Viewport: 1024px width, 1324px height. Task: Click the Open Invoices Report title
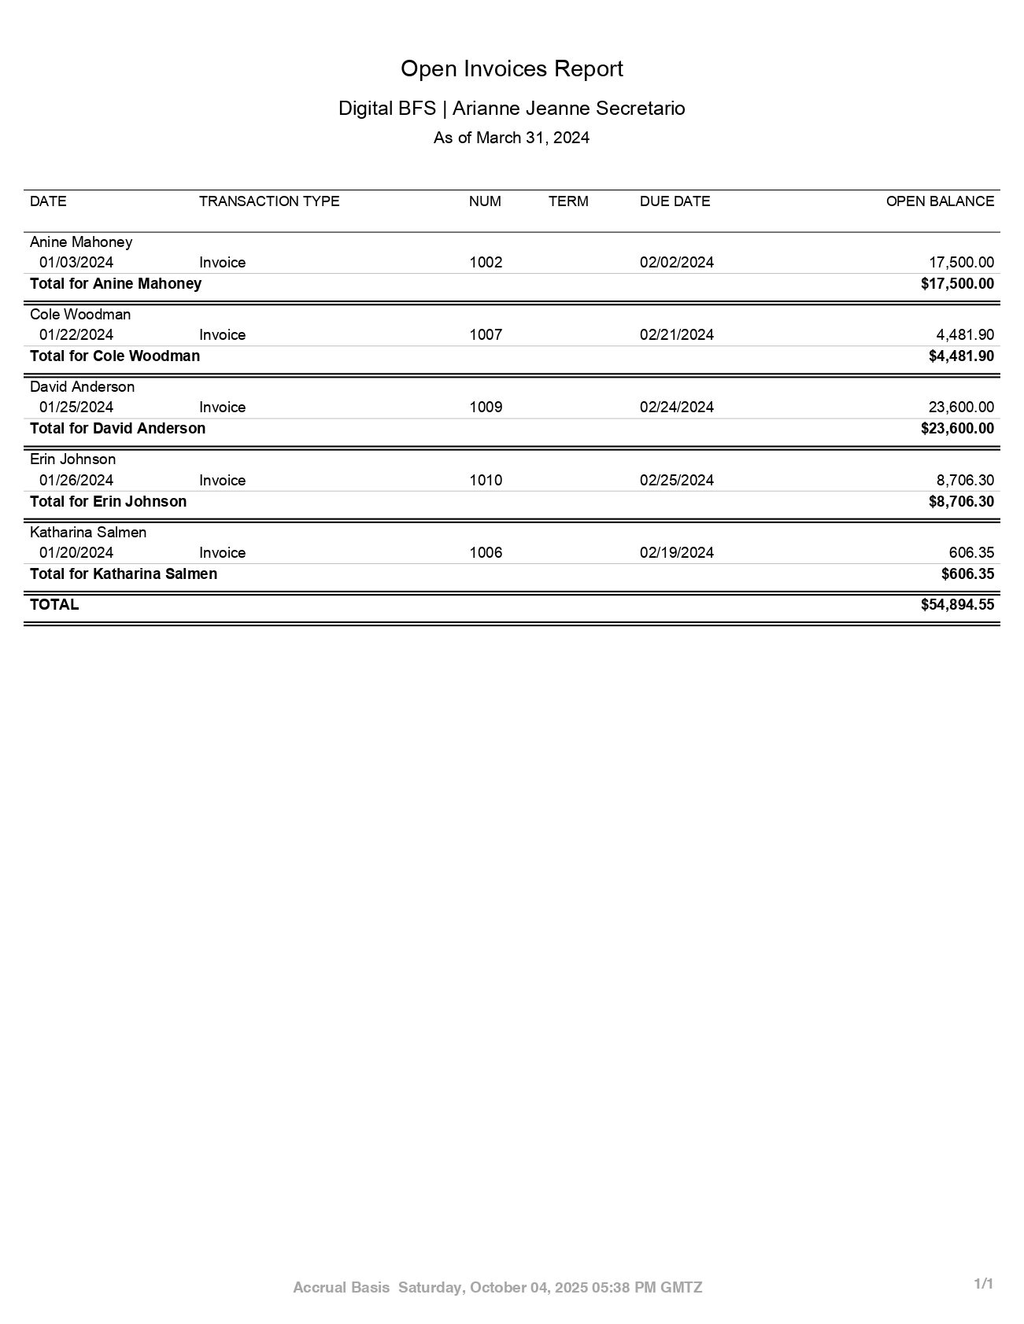click(x=512, y=69)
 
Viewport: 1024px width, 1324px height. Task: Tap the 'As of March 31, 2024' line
click(x=512, y=138)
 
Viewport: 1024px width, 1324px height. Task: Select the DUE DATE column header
click(x=675, y=201)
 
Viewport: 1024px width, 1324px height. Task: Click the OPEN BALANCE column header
click(x=940, y=201)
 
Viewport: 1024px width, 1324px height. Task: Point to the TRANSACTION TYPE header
click(x=269, y=201)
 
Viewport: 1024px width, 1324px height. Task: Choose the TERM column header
click(x=568, y=201)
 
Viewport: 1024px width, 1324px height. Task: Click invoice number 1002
click(x=486, y=263)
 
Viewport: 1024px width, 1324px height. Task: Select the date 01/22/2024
click(x=76, y=335)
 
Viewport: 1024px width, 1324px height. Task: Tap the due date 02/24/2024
click(x=676, y=408)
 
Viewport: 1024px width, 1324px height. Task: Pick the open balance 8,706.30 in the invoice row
click(x=965, y=481)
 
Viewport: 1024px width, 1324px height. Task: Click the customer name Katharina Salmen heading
click(x=88, y=533)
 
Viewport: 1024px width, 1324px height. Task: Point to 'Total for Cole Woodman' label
click(x=115, y=356)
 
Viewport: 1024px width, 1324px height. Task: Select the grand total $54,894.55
click(x=957, y=605)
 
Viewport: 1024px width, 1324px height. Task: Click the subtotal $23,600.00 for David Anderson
click(x=957, y=429)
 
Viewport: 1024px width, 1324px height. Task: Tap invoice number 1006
click(x=486, y=553)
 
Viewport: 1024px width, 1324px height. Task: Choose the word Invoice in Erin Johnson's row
click(x=222, y=481)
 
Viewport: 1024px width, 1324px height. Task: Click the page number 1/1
click(x=984, y=1284)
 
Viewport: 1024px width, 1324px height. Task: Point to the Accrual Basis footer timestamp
click(x=497, y=1288)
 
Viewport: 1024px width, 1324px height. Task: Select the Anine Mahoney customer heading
click(x=81, y=242)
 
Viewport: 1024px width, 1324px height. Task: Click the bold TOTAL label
click(x=54, y=605)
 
